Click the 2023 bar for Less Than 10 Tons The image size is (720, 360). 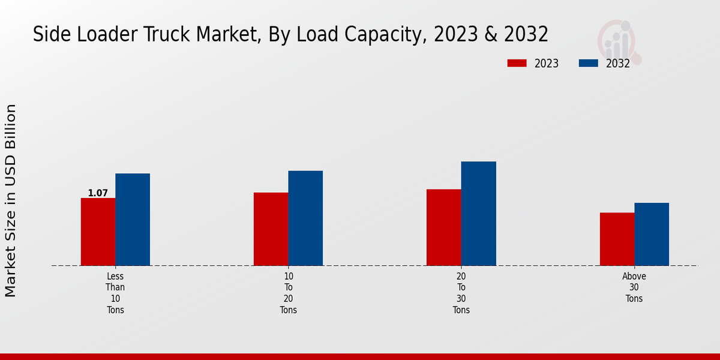(98, 232)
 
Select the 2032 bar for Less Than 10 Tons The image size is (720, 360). (133, 220)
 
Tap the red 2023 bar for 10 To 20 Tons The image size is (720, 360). (271, 229)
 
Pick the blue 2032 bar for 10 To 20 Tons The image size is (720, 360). (305, 218)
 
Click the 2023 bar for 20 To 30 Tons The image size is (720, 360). (443, 227)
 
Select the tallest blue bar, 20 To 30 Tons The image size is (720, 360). (479, 214)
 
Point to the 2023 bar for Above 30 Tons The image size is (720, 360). (617, 239)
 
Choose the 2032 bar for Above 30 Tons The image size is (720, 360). (652, 234)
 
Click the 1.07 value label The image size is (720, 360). (98, 193)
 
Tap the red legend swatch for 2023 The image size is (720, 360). (517, 63)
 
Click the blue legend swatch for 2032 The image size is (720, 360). (588, 63)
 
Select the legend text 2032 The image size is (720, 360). (618, 64)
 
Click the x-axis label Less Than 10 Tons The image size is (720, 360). (115, 293)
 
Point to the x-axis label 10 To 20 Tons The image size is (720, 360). (289, 293)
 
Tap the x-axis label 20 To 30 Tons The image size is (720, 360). (461, 293)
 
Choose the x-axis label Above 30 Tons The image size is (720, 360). (634, 287)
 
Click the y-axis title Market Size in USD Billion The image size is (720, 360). (11, 200)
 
